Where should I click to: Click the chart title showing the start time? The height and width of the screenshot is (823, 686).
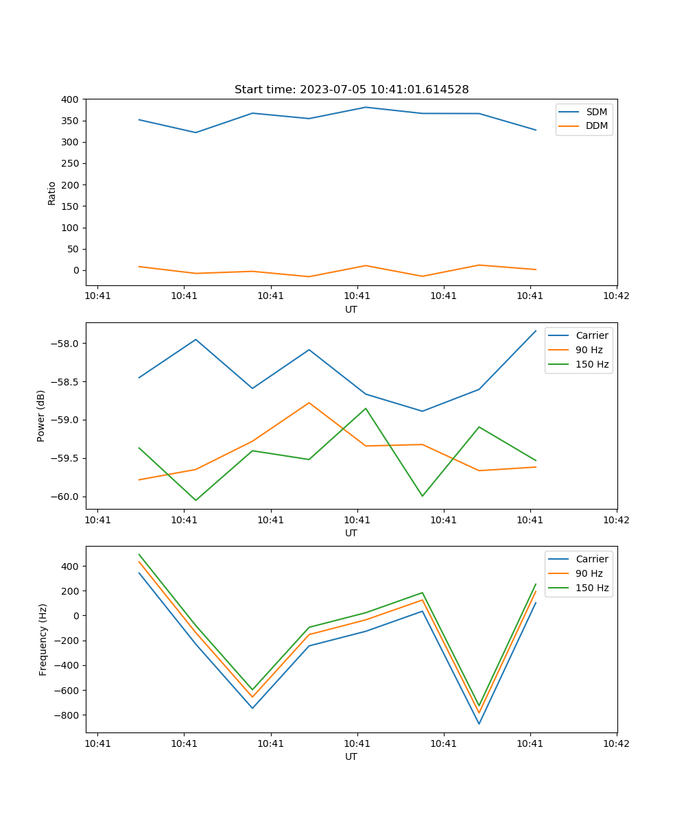click(x=351, y=89)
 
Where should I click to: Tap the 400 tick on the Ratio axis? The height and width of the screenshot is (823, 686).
click(x=69, y=99)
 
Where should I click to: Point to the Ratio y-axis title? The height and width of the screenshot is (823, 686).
click(x=52, y=193)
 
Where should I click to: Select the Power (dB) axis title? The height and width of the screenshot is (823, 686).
click(x=41, y=416)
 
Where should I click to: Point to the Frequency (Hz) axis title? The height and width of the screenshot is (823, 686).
click(x=43, y=639)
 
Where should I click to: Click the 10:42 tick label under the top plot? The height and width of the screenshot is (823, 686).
click(x=616, y=297)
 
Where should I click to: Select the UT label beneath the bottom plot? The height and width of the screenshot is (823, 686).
click(x=351, y=756)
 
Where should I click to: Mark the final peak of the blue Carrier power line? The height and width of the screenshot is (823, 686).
click(x=536, y=331)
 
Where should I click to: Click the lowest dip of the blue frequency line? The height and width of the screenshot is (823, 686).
click(x=479, y=724)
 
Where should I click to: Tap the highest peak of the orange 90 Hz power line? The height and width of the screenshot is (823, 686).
click(x=309, y=403)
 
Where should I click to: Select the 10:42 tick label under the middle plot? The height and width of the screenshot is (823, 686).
click(x=616, y=521)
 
